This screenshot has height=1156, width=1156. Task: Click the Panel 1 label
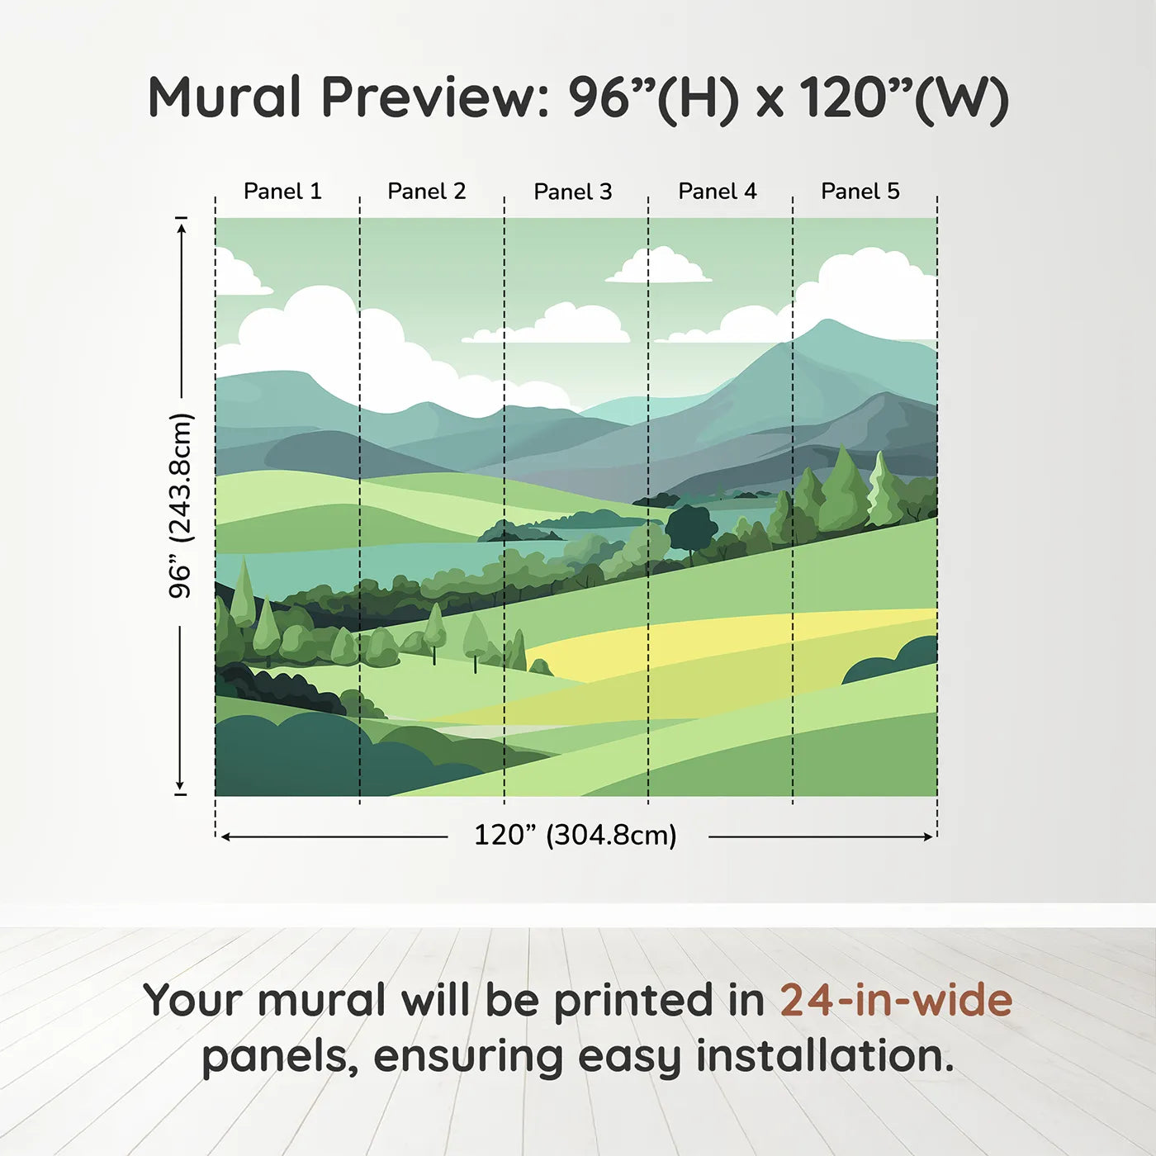282,192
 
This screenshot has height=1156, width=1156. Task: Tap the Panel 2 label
427,192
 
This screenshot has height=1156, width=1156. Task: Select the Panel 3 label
573,192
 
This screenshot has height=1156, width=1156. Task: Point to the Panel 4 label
718,192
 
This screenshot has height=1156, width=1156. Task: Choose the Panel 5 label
860,192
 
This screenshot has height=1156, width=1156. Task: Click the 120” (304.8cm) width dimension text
576,835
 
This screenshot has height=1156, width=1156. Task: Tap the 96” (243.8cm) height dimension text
181,505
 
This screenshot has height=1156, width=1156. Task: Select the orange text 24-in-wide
896,1000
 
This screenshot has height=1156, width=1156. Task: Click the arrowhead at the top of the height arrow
182,228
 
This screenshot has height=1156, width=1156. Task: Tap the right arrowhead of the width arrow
928,836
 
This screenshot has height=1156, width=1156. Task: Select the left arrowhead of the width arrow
226,836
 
